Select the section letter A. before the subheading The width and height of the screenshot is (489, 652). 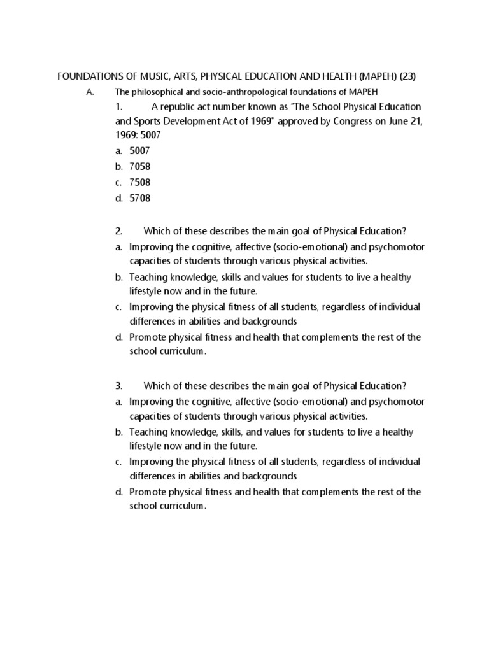[x=90, y=92]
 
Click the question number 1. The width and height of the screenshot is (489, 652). [x=119, y=106]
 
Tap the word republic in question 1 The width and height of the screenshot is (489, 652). [x=185, y=106]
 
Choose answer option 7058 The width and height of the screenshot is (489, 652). [x=140, y=167]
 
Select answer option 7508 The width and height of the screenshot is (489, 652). [x=140, y=182]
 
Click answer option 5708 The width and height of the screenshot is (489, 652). [x=140, y=198]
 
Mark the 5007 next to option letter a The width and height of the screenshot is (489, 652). [x=140, y=151]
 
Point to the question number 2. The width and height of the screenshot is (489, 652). [x=119, y=230]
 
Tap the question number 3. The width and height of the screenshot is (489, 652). [x=119, y=385]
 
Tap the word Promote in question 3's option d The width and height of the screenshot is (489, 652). [x=147, y=492]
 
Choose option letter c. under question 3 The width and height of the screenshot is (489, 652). [x=118, y=462]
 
